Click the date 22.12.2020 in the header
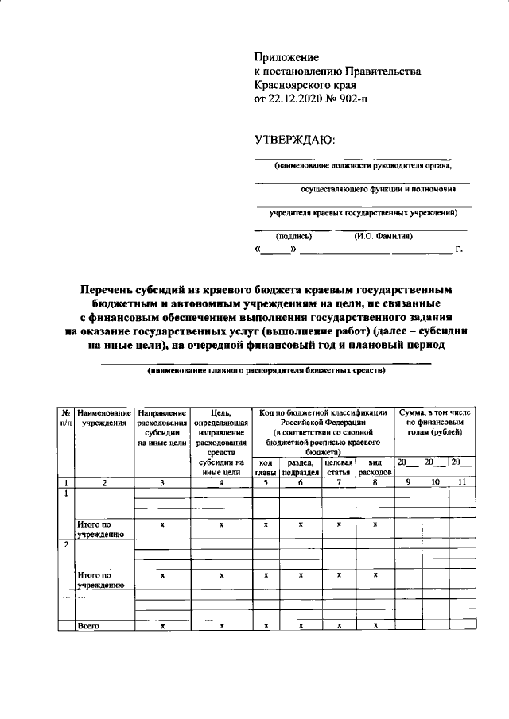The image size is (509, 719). tap(300, 100)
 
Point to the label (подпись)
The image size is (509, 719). tap(293, 236)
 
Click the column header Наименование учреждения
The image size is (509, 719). tap(103, 418)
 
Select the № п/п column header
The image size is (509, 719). tap(64, 418)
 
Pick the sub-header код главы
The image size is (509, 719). tap(265, 466)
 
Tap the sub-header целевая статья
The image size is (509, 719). tap(339, 466)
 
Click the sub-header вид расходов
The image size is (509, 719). tap(375, 466)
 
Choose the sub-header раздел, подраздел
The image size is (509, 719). tap(300, 466)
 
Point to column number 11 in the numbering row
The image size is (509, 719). tap(461, 482)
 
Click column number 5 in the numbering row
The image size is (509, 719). tap(265, 482)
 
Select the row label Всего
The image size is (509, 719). tap(87, 626)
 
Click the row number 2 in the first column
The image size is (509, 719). tap(64, 544)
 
